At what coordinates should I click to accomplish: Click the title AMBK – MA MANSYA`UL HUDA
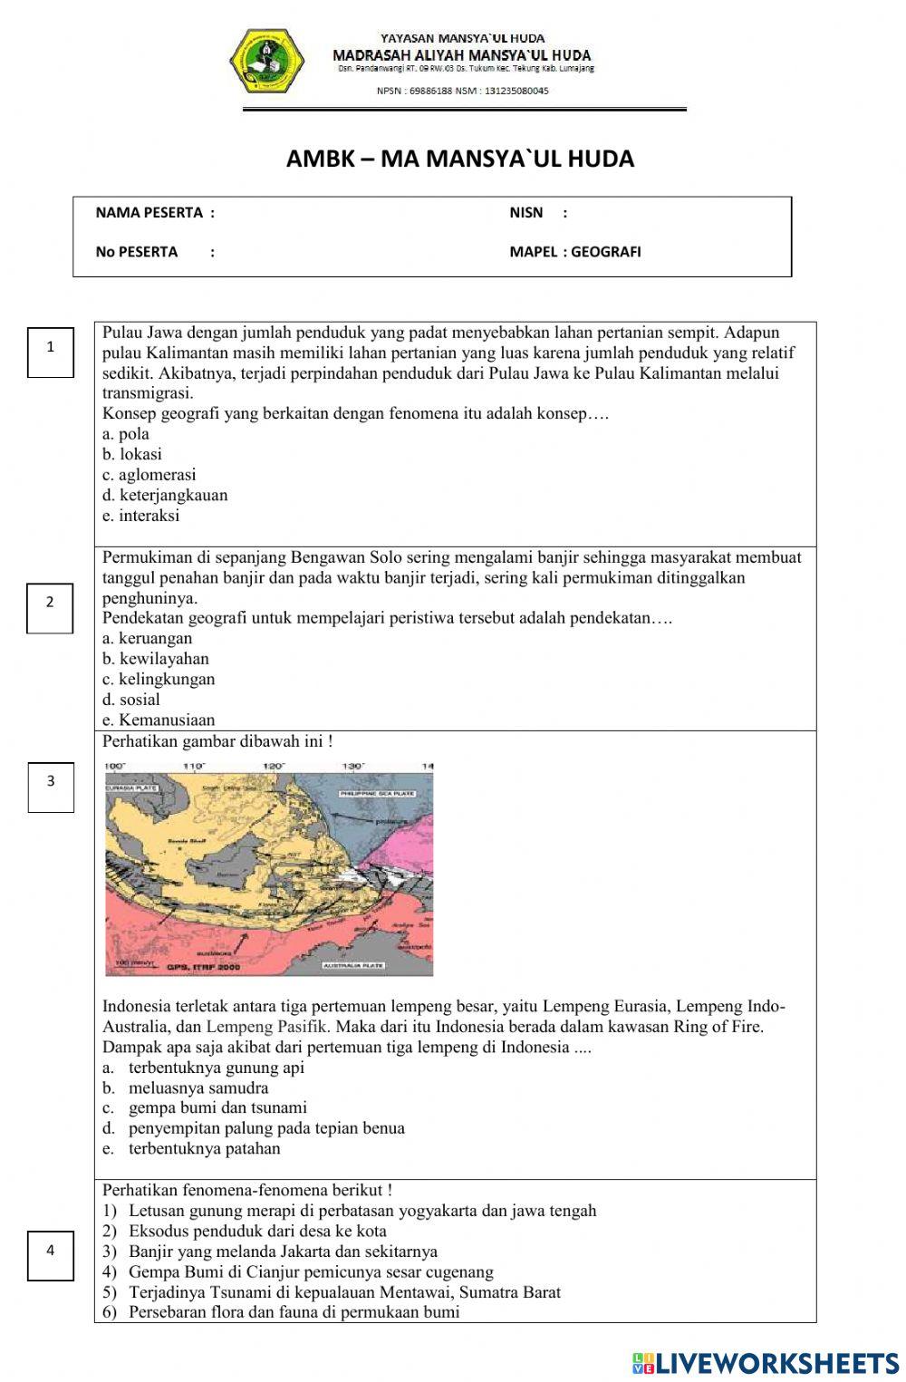(460, 159)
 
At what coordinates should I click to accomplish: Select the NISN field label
(526, 213)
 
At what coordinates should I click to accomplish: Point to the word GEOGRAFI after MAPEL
(606, 252)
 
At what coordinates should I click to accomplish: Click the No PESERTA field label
(137, 252)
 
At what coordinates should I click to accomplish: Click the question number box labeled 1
(51, 347)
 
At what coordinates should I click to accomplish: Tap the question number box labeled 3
(51, 781)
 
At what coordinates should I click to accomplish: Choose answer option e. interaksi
(141, 516)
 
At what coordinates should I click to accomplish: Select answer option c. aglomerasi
(149, 475)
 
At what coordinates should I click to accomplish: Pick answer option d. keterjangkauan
(165, 496)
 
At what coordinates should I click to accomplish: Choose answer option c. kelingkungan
(159, 680)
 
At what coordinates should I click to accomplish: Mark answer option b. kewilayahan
(156, 659)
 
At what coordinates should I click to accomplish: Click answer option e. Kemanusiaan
(159, 720)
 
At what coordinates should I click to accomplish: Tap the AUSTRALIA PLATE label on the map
(353, 966)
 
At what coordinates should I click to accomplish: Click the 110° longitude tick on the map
(194, 767)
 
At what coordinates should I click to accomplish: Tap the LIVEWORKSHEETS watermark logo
(766, 1363)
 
